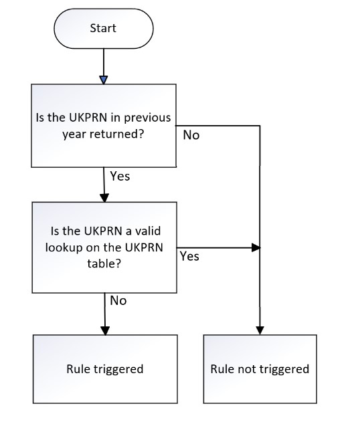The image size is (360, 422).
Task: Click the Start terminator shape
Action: click(104, 29)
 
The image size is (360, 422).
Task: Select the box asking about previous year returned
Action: click(104, 126)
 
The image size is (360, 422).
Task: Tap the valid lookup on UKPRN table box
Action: click(104, 247)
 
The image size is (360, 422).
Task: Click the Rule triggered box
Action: click(105, 369)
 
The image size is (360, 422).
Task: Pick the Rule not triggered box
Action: click(260, 369)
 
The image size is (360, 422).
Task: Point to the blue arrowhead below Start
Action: click(104, 80)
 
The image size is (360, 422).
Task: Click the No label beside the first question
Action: click(191, 135)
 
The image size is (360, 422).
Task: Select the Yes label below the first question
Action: click(120, 177)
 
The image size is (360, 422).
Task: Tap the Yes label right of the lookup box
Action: click(189, 256)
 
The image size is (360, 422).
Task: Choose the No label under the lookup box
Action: click(118, 301)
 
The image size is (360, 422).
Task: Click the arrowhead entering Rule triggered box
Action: click(105, 331)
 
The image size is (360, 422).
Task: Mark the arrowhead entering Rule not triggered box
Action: click(260, 331)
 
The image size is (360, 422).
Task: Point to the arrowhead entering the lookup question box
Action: click(104, 198)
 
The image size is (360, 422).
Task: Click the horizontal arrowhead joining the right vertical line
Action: click(256, 247)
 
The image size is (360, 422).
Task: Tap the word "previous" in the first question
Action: click(147, 118)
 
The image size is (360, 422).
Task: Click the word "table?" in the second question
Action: click(104, 263)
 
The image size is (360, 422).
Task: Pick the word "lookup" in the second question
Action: click(64, 247)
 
